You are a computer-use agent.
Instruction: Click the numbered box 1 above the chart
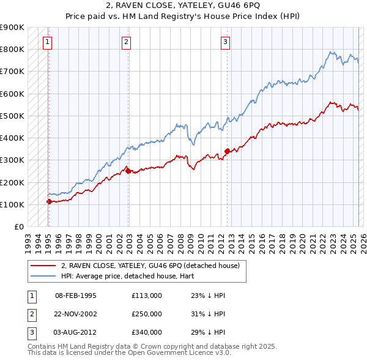click(47, 42)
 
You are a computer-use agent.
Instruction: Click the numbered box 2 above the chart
click(126, 42)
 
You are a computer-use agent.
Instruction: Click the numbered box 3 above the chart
click(225, 42)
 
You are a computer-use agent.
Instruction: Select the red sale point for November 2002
click(128, 171)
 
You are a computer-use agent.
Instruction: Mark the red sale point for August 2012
click(227, 151)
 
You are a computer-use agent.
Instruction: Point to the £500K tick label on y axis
click(12, 116)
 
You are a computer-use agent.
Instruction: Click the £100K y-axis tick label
click(12, 204)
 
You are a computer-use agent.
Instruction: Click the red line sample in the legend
click(43, 266)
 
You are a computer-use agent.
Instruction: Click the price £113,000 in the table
click(147, 295)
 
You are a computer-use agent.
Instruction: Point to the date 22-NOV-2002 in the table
click(76, 314)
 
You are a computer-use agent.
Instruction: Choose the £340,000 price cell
click(147, 332)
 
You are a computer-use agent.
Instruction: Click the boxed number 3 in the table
click(30, 332)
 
